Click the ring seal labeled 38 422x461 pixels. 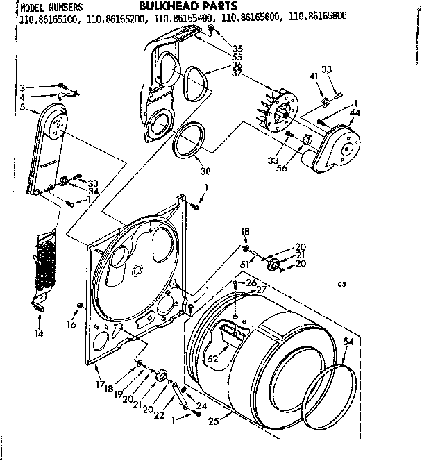click(x=189, y=140)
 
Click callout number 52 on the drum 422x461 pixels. click(x=214, y=359)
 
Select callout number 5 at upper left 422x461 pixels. click(x=23, y=108)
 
